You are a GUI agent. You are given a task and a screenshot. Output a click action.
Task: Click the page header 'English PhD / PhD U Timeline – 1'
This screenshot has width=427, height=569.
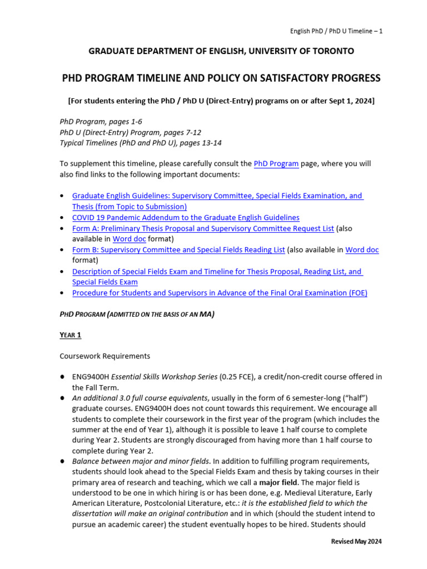pyautogui.click(x=337, y=31)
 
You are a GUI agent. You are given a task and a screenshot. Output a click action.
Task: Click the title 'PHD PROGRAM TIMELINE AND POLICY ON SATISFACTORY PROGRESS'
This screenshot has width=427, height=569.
pyautogui.click(x=221, y=78)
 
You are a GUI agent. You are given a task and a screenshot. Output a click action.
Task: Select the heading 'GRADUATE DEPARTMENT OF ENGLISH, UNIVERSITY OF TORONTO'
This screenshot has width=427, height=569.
pyautogui.click(x=221, y=51)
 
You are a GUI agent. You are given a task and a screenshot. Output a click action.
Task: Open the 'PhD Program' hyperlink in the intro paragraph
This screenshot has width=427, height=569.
pyautogui.click(x=276, y=164)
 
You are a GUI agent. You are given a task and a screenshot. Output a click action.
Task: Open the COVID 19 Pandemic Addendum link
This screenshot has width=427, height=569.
pyautogui.click(x=186, y=218)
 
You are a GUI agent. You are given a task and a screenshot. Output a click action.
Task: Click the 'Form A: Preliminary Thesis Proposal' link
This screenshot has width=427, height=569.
pyautogui.click(x=203, y=228)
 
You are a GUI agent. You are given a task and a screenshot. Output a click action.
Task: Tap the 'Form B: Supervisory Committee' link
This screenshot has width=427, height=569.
pyautogui.click(x=178, y=250)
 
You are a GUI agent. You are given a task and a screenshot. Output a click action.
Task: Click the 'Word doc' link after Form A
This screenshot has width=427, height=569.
pyautogui.click(x=129, y=239)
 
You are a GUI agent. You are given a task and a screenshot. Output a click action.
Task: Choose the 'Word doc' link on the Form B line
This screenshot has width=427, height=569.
pyautogui.click(x=362, y=250)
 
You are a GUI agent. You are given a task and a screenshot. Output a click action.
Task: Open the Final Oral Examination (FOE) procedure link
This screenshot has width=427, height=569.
pyautogui.click(x=220, y=293)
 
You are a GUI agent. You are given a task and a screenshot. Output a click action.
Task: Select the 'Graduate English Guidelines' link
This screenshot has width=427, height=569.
pyautogui.click(x=217, y=196)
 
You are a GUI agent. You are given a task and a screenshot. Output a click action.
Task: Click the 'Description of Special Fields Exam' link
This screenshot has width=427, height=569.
pyautogui.click(x=217, y=272)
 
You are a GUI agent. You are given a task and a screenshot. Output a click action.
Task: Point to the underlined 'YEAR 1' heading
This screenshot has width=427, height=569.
pyautogui.click(x=71, y=335)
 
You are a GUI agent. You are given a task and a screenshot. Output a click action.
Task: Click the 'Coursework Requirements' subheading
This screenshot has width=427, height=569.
pyautogui.click(x=105, y=356)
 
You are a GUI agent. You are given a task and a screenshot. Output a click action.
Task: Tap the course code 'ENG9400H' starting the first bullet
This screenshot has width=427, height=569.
pyautogui.click(x=89, y=377)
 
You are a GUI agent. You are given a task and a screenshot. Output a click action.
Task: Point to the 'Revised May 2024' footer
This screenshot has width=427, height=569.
pyautogui.click(x=356, y=541)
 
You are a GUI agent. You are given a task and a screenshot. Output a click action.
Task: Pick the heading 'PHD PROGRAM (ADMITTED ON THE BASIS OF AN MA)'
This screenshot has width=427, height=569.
pyautogui.click(x=137, y=314)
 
